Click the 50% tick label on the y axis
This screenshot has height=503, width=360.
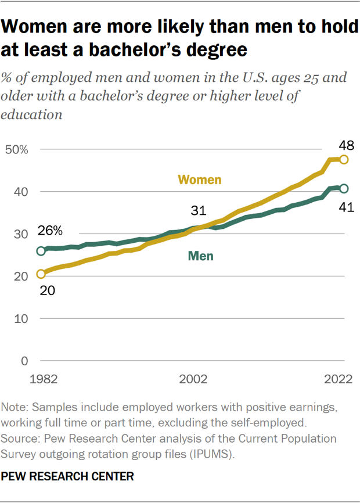click(16, 150)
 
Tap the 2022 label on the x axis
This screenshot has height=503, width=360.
click(339, 379)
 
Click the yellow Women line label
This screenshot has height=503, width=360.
click(199, 179)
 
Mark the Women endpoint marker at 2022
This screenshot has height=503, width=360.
click(344, 159)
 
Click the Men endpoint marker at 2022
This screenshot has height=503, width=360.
click(344, 188)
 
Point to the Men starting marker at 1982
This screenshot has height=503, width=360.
click(41, 251)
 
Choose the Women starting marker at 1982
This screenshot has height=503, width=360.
click(41, 274)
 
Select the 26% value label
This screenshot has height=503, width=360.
click(51, 230)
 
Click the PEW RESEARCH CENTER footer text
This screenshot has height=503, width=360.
click(68, 477)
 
